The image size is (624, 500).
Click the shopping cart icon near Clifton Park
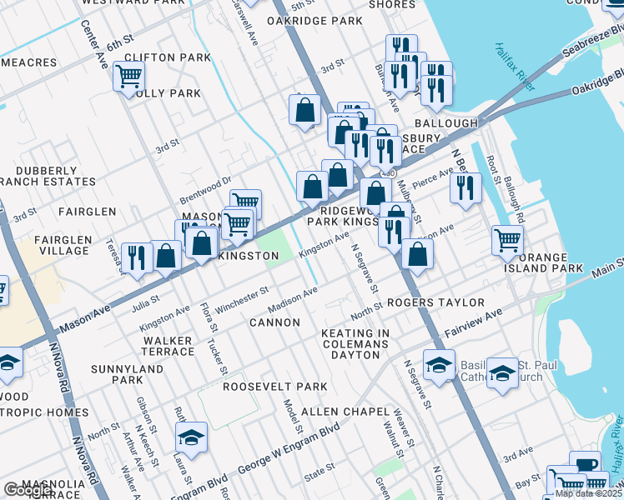128,77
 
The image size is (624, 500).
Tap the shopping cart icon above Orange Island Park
507,240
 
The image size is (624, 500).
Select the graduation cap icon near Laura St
191,437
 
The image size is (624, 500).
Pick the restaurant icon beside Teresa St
136,257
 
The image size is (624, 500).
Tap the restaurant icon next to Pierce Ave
465,187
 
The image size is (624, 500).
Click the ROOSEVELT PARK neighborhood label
274,387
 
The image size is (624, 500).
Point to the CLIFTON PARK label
167,57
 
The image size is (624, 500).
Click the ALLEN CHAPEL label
345,412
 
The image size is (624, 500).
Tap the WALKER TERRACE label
168,346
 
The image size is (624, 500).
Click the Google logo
28,490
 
